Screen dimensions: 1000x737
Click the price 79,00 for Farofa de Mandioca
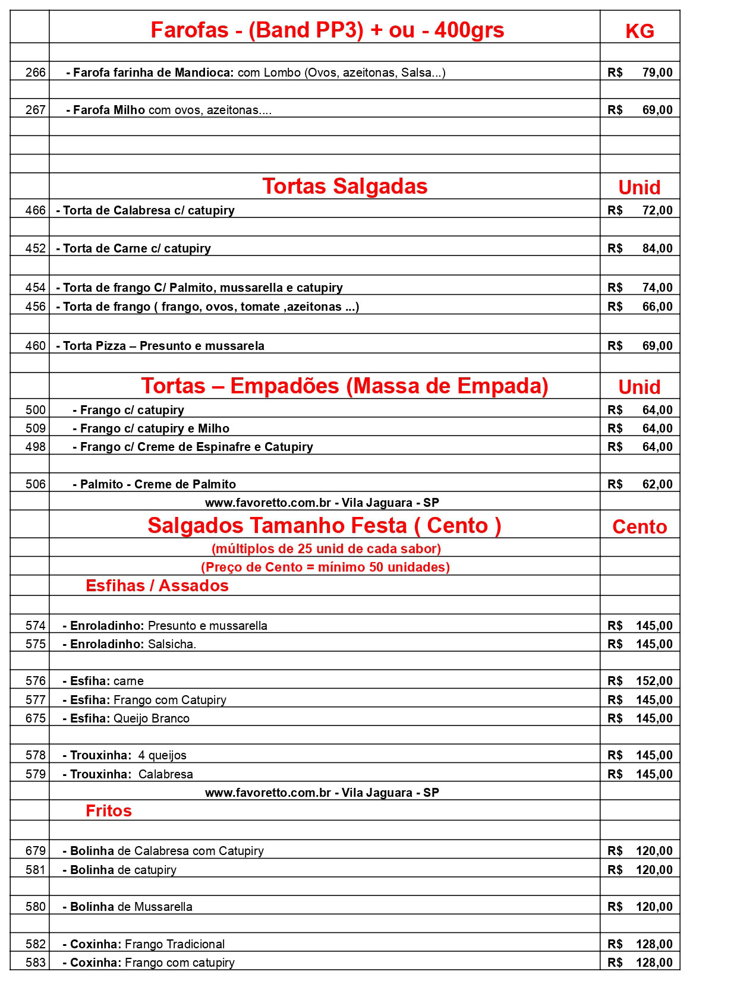coord(657,72)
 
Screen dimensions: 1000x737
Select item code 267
coord(35,110)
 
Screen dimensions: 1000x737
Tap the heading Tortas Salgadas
coord(345,187)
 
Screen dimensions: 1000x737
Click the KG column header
coord(640,31)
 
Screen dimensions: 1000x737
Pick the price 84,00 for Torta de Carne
coord(657,248)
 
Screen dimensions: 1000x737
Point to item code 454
coord(35,288)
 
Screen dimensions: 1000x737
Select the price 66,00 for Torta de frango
coord(657,307)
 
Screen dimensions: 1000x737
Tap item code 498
coord(35,447)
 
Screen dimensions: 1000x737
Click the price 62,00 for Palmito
coord(657,484)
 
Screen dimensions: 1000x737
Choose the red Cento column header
coord(640,527)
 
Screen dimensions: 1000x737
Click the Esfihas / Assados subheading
coord(157,586)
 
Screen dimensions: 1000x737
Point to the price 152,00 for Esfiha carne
coord(654,681)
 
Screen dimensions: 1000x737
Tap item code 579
coord(35,774)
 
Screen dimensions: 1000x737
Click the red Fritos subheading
coord(109,811)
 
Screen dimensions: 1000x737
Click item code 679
coord(35,851)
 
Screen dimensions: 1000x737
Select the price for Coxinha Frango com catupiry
coord(654,963)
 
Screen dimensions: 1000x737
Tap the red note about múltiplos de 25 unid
coord(326,548)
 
